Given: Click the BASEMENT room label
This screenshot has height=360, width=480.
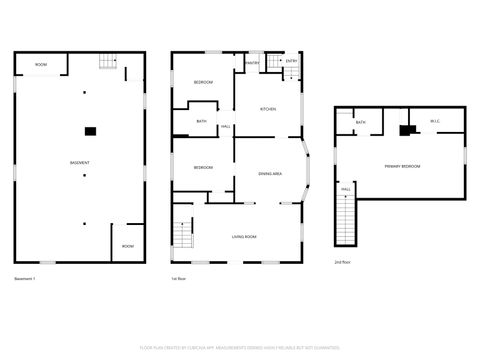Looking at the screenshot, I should pos(80,163).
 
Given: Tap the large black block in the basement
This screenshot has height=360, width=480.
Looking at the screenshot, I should pos(90,129).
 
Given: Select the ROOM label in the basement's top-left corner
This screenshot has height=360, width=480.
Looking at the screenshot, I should pos(41,65).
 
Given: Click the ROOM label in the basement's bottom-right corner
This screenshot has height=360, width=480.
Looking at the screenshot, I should pos(127,245).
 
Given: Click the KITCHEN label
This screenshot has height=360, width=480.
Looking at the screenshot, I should pos(268,109).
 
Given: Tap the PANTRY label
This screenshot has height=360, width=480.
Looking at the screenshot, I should pos(253,63).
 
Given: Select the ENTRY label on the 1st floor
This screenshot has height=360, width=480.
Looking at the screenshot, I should pos(291,62).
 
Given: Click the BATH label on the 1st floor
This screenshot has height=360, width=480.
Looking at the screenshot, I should pos(201,122).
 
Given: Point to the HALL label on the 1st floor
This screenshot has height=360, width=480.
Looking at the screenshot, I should pos(227,127).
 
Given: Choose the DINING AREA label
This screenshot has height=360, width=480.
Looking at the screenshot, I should pos(269,174).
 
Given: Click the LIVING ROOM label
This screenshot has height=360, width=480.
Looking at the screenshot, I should pos(245,236).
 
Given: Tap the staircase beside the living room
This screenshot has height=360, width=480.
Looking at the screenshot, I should pos(182,237).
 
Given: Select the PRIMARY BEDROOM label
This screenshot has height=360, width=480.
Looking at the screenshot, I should pos(402,166).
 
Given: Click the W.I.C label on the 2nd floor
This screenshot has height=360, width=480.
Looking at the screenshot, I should pos(436,122).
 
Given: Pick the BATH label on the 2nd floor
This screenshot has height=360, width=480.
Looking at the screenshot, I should pos(361,122).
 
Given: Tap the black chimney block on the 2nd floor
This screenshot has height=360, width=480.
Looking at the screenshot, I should pos(406,129).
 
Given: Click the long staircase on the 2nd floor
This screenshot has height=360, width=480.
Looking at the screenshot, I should pos(346,220).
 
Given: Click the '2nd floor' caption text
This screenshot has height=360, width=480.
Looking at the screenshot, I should pos(343,261).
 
